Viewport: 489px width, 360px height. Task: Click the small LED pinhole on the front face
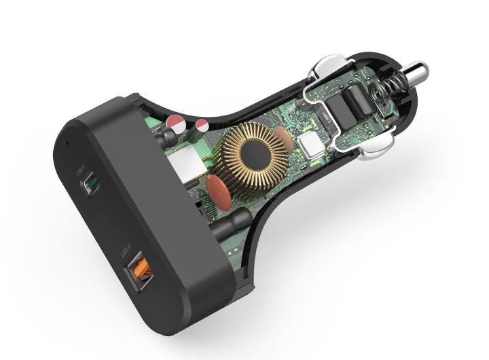pos(67,143)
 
